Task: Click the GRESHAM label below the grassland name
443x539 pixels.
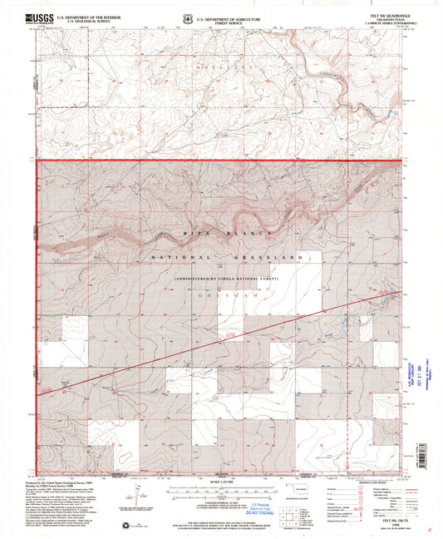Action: [220, 294]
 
